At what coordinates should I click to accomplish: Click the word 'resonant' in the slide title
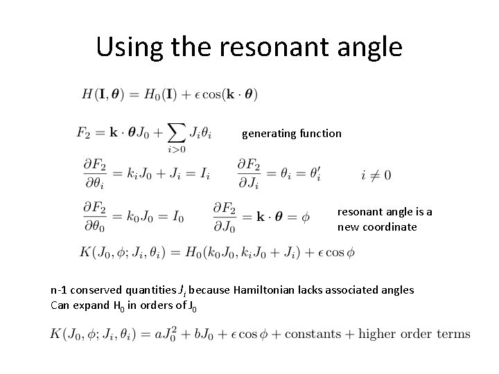pyautogui.click(x=268, y=46)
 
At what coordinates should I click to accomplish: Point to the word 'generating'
pyautogui.click(x=269, y=133)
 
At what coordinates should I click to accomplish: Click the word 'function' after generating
pyautogui.click(x=320, y=132)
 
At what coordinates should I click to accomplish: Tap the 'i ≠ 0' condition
pyautogui.click(x=376, y=175)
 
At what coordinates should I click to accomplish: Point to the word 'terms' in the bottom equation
pyautogui.click(x=453, y=335)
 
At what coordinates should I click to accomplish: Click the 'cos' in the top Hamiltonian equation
pyautogui.click(x=214, y=94)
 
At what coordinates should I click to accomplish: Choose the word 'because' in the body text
pyautogui.click(x=209, y=290)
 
